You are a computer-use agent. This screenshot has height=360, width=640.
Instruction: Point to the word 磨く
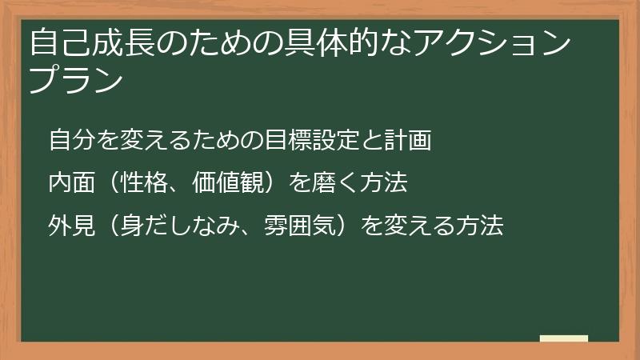[325, 183]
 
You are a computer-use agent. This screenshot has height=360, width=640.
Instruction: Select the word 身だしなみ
[180, 226]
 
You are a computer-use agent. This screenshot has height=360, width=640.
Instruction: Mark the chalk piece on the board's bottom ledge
[564, 338]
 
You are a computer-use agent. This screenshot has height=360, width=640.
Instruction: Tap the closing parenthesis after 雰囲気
[346, 226]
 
